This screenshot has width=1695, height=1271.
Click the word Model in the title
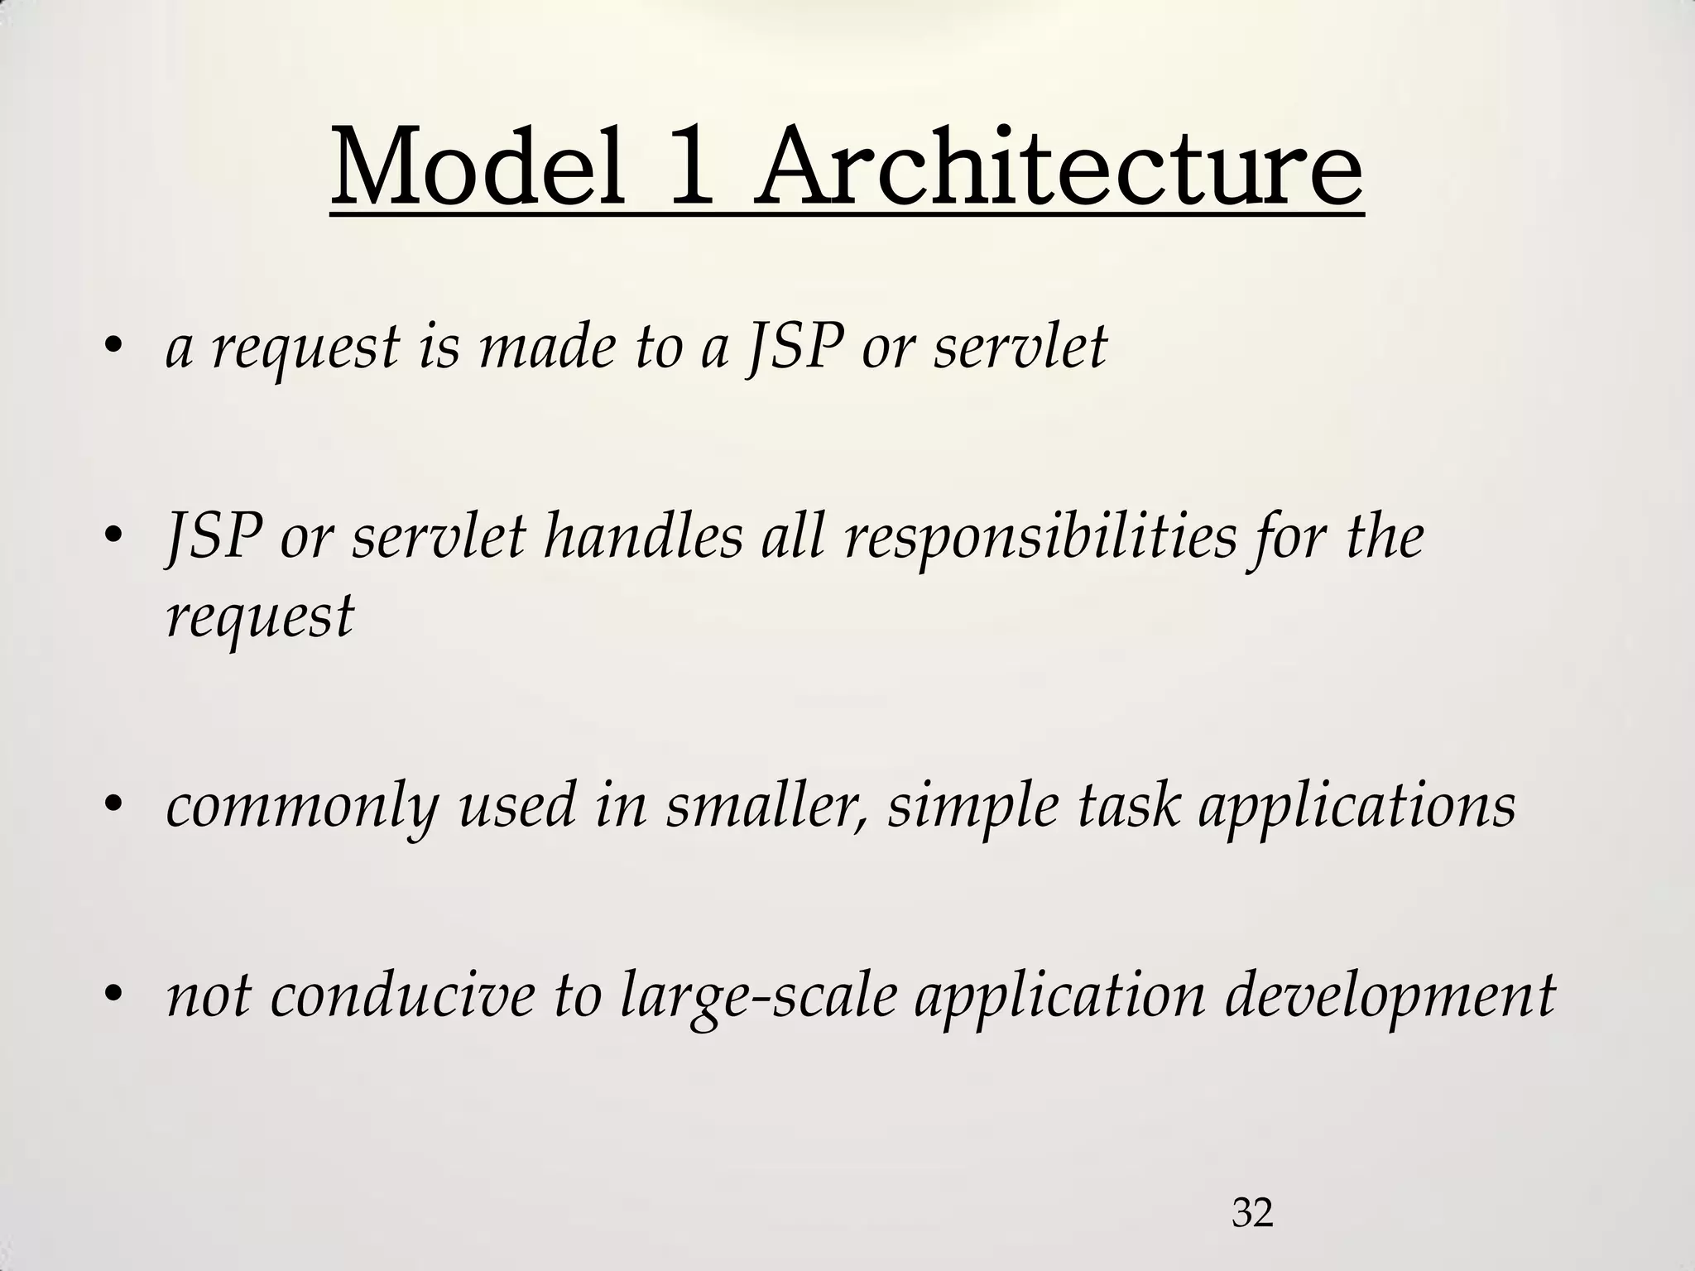[478, 170]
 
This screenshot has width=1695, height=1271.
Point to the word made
[547, 348]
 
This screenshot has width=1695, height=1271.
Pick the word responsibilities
[1040, 537]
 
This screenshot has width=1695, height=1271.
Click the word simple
[972, 806]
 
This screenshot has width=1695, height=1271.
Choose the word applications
[1357, 806]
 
